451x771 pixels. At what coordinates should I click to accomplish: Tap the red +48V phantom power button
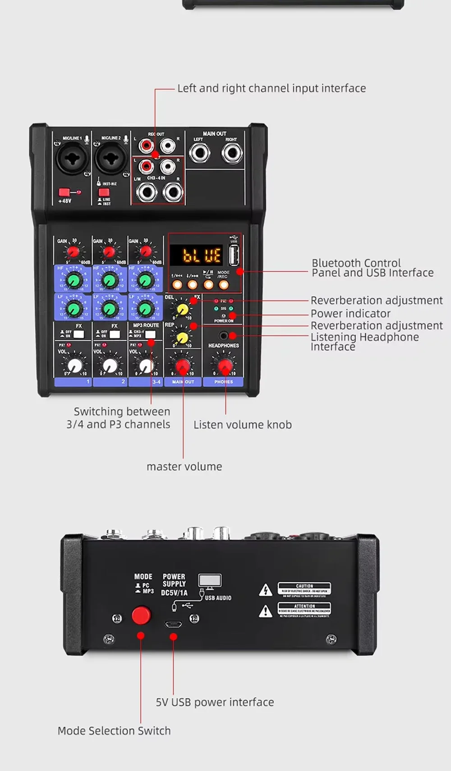(x=64, y=192)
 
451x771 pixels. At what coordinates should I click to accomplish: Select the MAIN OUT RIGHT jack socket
(x=232, y=154)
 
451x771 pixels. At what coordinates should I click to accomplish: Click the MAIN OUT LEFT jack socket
(x=199, y=154)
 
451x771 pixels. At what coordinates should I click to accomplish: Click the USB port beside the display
(x=234, y=255)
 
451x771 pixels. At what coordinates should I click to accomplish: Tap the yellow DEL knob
(x=182, y=309)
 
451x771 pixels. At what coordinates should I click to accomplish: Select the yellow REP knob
(x=182, y=337)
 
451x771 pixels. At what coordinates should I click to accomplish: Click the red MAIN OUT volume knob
(x=183, y=367)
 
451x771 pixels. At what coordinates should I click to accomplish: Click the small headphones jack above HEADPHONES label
(x=223, y=336)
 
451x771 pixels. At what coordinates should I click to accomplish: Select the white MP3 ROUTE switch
(x=150, y=334)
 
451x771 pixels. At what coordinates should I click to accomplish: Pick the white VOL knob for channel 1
(x=74, y=365)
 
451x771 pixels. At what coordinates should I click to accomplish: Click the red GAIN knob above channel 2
(x=109, y=252)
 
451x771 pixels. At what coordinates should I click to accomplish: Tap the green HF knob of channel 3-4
(x=145, y=281)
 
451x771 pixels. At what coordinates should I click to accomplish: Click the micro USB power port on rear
(x=174, y=625)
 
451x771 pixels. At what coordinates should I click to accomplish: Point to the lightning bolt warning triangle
(x=266, y=590)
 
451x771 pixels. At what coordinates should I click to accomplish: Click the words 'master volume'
(x=184, y=467)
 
